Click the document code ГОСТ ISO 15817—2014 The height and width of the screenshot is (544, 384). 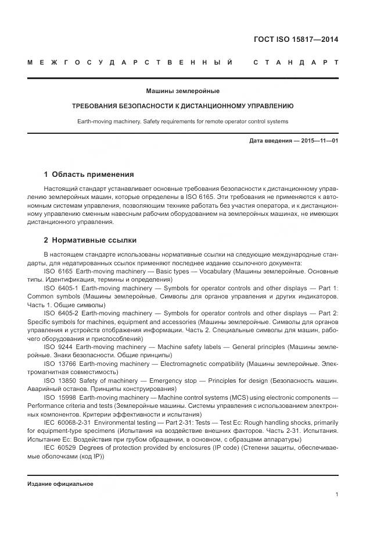(296, 40)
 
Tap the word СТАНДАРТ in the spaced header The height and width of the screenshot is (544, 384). (296, 62)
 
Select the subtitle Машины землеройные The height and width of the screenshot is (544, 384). (182, 91)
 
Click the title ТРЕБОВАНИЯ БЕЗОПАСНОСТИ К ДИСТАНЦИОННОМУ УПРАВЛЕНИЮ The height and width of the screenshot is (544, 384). (182, 106)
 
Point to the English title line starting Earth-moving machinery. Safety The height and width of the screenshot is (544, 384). (182, 122)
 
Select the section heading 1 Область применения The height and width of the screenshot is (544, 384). (89, 174)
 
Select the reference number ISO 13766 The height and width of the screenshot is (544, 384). (61, 364)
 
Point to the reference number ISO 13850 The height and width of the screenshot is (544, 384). (61, 381)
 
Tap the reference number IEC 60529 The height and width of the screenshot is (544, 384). (60, 447)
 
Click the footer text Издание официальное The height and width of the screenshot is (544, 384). (60, 483)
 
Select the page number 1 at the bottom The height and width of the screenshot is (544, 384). (336, 494)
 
